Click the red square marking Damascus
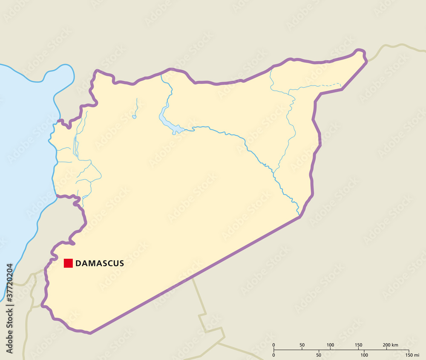[x=68, y=263]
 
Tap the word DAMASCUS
[x=100, y=263]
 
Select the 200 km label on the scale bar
[x=390, y=345]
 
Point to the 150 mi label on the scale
[x=412, y=354]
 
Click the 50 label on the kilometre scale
[x=302, y=345]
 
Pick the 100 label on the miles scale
[x=364, y=354]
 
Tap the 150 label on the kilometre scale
[x=358, y=345]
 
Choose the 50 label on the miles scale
[x=319, y=354]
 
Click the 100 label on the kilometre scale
[x=330, y=345]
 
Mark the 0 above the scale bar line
[x=273, y=345]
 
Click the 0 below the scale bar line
[x=273, y=354]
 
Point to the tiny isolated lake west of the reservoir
[x=134, y=117]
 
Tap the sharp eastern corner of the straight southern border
[x=300, y=217]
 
